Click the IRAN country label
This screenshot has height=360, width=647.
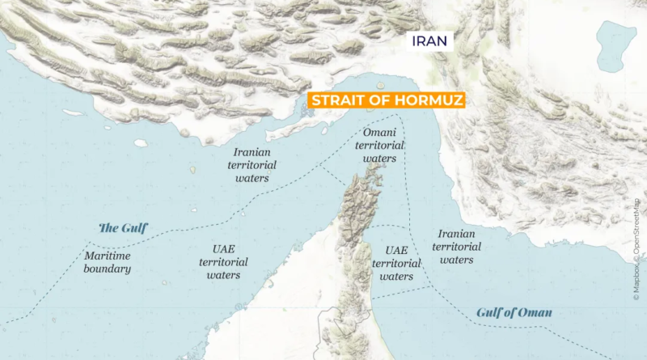coord(433,41)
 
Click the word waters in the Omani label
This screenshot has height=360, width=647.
coord(379,159)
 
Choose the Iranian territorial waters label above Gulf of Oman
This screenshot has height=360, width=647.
coord(457,247)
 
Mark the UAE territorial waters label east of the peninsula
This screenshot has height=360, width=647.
coord(396,263)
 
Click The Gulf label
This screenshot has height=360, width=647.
coord(123,228)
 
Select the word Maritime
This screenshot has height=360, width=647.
coord(107,256)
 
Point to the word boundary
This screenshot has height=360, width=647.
coord(107,269)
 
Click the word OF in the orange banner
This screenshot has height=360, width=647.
coord(377,101)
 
